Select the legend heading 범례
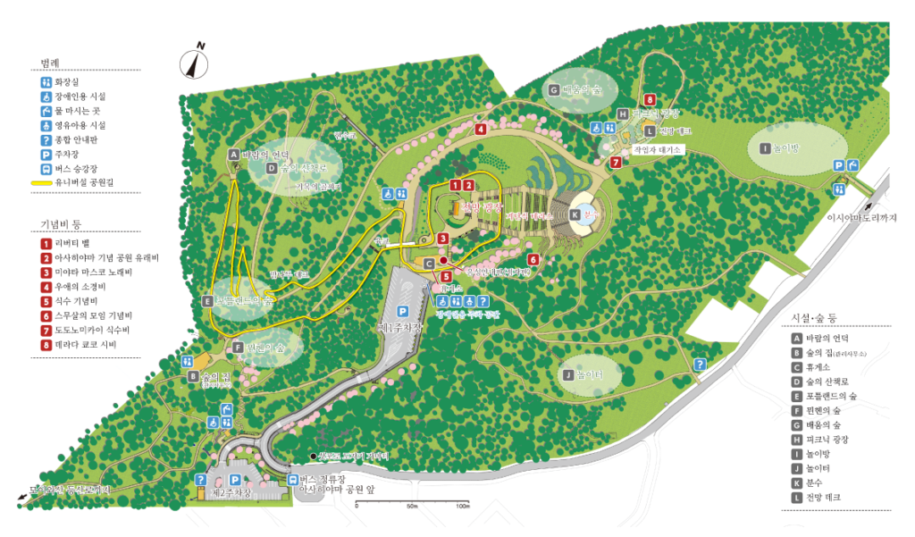[x=50, y=63]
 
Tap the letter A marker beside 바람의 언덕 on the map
[x=234, y=154]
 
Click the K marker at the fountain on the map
[x=575, y=214]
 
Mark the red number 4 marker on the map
[x=481, y=129]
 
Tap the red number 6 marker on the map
[x=533, y=260]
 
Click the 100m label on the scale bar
[x=462, y=507]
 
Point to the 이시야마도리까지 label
[x=861, y=217]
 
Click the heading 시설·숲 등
[x=813, y=318]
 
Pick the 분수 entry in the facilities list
[x=815, y=481]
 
